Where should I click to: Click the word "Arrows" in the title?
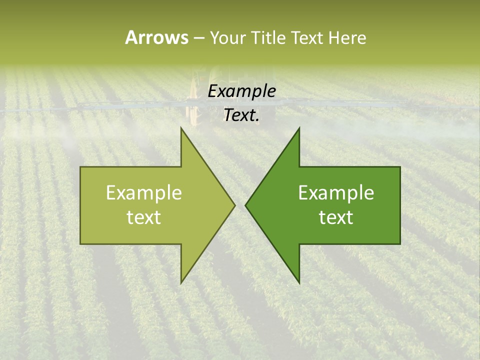156,37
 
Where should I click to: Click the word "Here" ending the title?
347,37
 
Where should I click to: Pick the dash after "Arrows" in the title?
198,38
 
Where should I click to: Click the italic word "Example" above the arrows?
241,91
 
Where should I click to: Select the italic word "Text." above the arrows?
241,115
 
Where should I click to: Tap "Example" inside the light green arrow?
143,193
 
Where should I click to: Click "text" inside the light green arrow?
143,217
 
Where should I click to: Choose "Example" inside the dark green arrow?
336,193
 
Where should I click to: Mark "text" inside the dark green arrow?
336,217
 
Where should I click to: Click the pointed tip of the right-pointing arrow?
235,205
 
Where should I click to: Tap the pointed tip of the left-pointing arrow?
245,205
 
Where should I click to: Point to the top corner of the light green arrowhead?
181,127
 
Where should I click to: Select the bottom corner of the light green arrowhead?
181,283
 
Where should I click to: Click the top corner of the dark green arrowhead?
299,127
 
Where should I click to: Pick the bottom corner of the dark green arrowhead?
299,283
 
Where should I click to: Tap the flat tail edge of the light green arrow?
80,205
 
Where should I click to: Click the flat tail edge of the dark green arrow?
400,205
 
